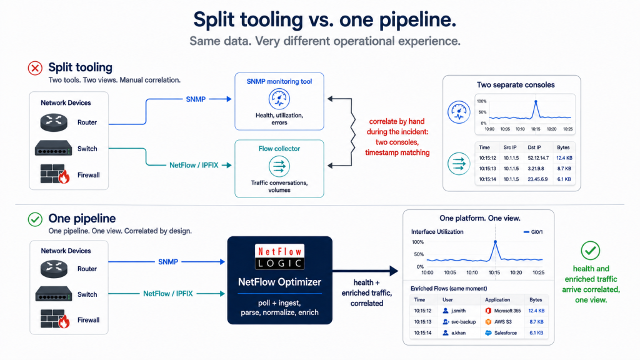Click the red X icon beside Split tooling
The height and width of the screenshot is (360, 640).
click(x=35, y=67)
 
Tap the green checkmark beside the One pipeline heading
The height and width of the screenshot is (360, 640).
click(x=35, y=219)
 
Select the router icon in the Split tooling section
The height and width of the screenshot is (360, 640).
click(x=54, y=122)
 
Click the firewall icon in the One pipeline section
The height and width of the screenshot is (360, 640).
click(x=55, y=319)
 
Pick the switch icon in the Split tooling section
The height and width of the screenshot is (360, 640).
click(x=54, y=148)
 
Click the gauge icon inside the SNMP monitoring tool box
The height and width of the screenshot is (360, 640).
click(x=279, y=99)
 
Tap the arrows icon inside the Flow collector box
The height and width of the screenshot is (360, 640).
click(x=279, y=166)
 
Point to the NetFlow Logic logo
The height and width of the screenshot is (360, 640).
click(x=279, y=257)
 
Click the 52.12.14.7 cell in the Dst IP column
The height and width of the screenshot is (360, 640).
click(x=538, y=158)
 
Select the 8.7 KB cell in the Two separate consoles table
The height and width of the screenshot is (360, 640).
click(x=564, y=169)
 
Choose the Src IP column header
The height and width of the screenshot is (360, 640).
click(x=510, y=147)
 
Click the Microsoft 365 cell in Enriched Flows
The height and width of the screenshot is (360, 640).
click(x=503, y=311)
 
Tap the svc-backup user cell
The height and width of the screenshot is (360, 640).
click(x=459, y=322)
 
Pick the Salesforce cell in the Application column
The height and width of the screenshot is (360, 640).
click(x=501, y=332)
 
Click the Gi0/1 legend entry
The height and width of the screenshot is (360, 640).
click(x=533, y=232)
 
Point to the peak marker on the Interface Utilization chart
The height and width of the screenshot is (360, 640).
click(x=496, y=242)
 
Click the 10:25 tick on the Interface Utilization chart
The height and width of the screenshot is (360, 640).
click(x=538, y=272)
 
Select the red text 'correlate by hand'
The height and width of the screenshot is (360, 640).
click(x=397, y=121)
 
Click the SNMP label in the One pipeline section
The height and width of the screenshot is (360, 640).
click(x=168, y=262)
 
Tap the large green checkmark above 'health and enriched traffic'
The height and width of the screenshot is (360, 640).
click(x=590, y=251)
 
